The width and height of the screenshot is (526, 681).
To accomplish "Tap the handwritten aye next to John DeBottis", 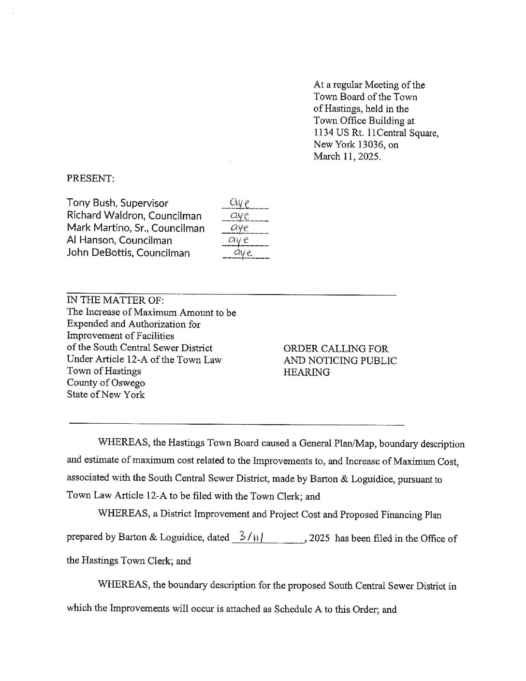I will pos(241,252).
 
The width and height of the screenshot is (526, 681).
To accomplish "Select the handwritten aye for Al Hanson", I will pos(239,239).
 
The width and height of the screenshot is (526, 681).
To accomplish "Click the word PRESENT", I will pos(90,178).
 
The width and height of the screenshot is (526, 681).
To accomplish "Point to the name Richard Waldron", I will pos(104,216).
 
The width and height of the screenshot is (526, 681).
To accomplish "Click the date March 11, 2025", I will pos(347,156).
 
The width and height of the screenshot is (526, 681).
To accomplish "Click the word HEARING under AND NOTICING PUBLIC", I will pos(307,372).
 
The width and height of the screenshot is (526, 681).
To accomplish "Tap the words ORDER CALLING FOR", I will pos(336,349).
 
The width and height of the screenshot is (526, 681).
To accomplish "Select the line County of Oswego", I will pos(106,383).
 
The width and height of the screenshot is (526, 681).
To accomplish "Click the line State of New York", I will pos(105,394).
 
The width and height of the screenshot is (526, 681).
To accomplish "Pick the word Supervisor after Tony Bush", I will pos(146,203).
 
